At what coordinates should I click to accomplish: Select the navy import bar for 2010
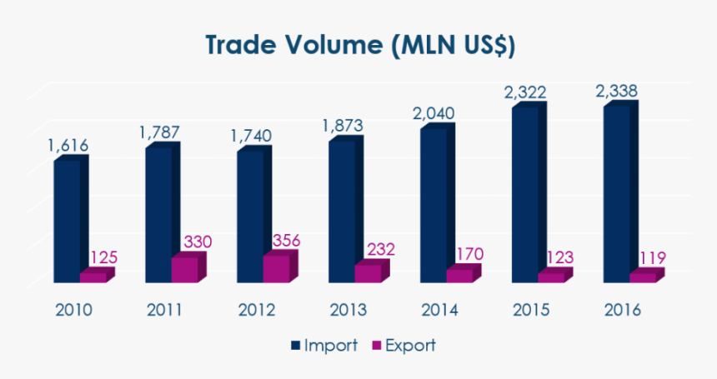(x=67, y=220)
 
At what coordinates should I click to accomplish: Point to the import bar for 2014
(x=434, y=205)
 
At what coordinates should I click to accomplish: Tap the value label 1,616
(x=68, y=145)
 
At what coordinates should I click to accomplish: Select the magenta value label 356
(x=287, y=241)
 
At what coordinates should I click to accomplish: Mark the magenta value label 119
(x=651, y=258)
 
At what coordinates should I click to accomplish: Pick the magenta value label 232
(x=379, y=249)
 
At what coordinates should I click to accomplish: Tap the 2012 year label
(x=257, y=310)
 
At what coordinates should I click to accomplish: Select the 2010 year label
(x=73, y=310)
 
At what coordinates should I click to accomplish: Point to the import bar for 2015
(x=525, y=194)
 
